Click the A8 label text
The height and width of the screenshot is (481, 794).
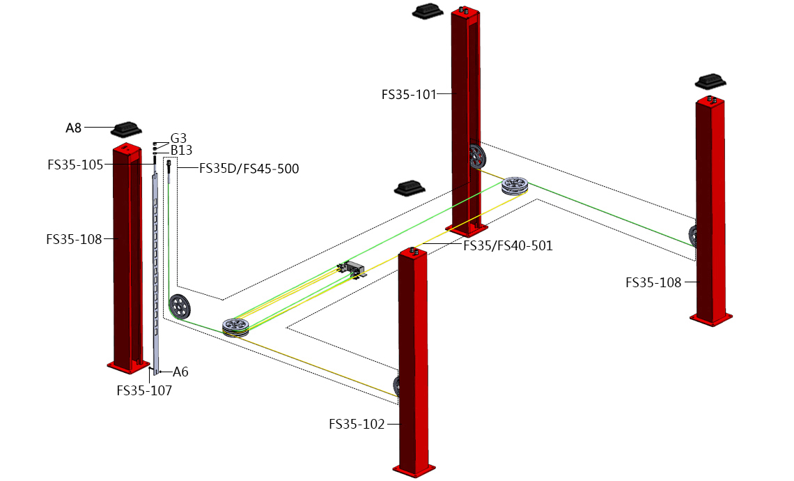(x=74, y=128)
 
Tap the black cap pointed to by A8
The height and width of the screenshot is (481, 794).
(x=126, y=129)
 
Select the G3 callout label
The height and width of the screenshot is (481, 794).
(x=178, y=138)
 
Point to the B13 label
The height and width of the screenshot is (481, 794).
(x=181, y=150)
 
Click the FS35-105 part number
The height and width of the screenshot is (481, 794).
(x=75, y=165)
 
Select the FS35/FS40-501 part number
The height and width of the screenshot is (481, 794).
(x=508, y=245)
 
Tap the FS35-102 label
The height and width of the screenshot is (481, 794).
(x=357, y=424)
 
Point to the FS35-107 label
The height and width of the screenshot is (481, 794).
(x=143, y=390)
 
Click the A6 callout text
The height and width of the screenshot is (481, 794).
(x=180, y=372)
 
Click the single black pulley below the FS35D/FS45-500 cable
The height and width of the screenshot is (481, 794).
(x=180, y=307)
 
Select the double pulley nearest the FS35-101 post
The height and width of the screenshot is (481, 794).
(x=515, y=186)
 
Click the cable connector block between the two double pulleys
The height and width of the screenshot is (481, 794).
(x=352, y=268)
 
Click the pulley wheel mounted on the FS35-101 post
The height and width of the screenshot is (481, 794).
(x=477, y=157)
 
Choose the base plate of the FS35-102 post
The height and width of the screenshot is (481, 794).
(x=414, y=471)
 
